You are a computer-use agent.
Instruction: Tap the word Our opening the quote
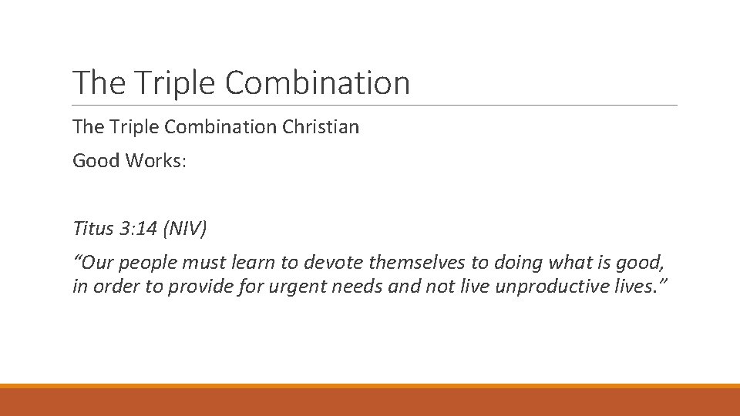[95, 263]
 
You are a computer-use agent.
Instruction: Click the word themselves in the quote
[417, 263]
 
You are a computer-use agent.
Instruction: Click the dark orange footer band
[370, 402]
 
